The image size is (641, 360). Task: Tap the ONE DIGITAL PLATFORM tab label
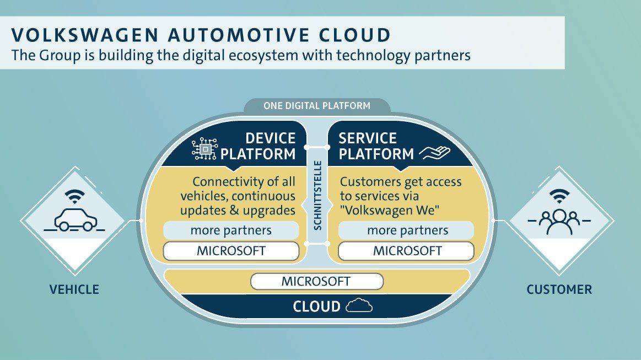pos(316,105)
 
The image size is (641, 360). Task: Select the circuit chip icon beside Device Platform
pos(204,148)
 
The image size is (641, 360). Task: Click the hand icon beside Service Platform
pos(435,153)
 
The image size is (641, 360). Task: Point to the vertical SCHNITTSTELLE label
pos(317,196)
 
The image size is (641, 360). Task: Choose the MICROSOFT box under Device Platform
pos(231,251)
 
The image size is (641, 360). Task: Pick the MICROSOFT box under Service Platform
pos(407,251)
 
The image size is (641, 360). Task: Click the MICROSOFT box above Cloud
pos(316,281)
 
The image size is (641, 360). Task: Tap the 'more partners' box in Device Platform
pos(231,230)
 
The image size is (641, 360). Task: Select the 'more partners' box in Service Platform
pos(407,230)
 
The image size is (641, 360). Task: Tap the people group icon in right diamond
pos(559,222)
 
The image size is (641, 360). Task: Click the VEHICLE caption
pos(74,289)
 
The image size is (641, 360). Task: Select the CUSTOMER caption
pos(559,289)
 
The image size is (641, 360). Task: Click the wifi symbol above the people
pos(560,195)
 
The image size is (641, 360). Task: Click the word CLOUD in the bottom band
pos(316,307)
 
